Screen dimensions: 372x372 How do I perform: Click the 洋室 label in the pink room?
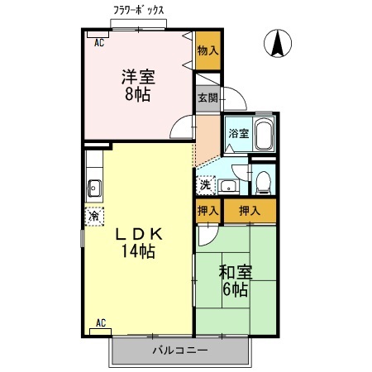(x=138, y=77)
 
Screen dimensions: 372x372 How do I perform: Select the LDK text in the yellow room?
(x=138, y=234)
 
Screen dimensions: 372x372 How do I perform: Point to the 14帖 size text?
(x=138, y=251)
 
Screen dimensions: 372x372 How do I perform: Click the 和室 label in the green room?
(x=234, y=272)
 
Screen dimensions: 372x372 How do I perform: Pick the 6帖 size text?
(x=234, y=289)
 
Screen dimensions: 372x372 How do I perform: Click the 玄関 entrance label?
(x=207, y=98)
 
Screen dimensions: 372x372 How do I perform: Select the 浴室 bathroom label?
(x=238, y=133)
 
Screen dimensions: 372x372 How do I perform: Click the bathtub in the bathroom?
(x=264, y=134)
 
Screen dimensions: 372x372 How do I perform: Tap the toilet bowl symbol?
(x=263, y=180)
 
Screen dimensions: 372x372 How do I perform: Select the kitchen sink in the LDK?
(x=93, y=187)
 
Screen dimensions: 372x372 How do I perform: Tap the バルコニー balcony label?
(x=179, y=351)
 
